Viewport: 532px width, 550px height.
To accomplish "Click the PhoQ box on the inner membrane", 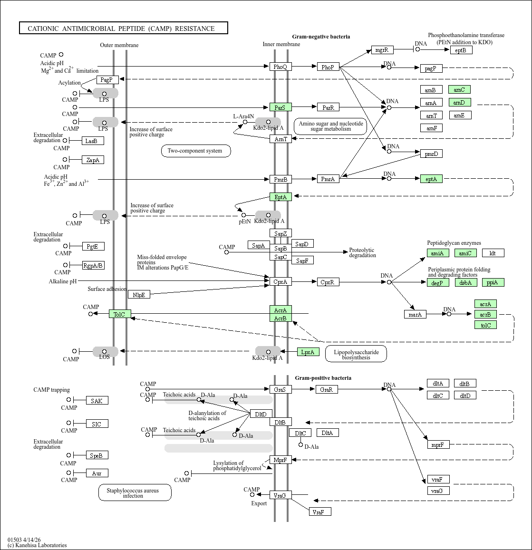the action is click(x=281, y=67).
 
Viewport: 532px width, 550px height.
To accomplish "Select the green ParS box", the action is click(x=281, y=107).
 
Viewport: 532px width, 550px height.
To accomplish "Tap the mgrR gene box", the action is click(x=382, y=50).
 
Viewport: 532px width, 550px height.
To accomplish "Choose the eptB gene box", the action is click(x=461, y=50).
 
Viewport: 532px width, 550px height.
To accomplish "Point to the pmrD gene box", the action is click(x=431, y=154).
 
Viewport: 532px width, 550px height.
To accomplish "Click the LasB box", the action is click(x=93, y=141).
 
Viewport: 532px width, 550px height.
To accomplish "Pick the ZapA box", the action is click(x=93, y=160).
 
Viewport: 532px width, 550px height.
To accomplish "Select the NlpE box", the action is click(x=139, y=295).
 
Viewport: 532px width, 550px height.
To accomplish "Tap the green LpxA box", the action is click(x=308, y=352).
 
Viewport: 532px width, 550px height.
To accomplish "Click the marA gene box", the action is click(x=415, y=314).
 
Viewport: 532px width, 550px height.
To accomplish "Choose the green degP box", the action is click(x=438, y=282).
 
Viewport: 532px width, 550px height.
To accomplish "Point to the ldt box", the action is click(x=493, y=253).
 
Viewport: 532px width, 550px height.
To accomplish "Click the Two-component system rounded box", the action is click(x=196, y=151).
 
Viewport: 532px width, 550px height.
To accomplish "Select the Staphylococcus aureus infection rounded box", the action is click(x=135, y=493).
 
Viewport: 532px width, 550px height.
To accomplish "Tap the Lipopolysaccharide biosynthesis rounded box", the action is click(x=356, y=354).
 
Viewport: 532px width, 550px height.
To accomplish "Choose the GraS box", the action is click(x=281, y=389).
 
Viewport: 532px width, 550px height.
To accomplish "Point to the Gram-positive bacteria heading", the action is click(x=323, y=378).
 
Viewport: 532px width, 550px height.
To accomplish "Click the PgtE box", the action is click(x=93, y=246).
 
